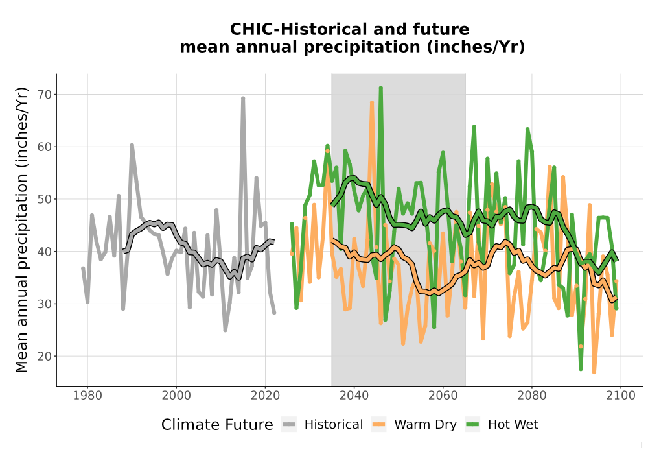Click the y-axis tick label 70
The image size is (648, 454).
45,95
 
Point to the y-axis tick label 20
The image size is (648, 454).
45,357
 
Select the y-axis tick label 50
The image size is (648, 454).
45,199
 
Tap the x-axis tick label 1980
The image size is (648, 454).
87,396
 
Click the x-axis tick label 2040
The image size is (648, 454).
354,396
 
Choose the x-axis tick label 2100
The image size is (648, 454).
621,396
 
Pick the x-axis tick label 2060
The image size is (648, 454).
443,396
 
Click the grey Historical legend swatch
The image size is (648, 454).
289,425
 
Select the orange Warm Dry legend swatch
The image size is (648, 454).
378,425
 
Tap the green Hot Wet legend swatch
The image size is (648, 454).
472,425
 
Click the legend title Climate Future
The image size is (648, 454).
217,425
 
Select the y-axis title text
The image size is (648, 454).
21,230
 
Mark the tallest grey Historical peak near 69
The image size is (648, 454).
243,99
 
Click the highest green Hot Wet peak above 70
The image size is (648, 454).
380,88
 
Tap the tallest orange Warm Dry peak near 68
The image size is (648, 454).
372,102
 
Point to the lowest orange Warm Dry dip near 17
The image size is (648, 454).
594,372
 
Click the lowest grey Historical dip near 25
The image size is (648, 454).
226,330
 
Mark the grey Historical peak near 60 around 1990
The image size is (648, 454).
132,145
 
